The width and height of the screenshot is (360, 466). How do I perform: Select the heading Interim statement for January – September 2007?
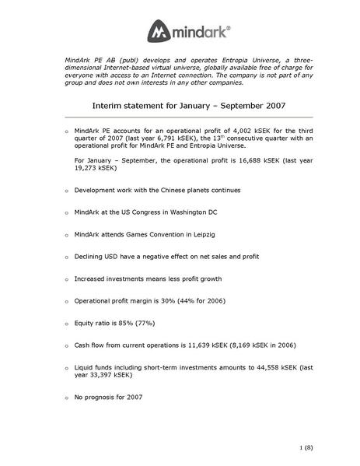(180, 107)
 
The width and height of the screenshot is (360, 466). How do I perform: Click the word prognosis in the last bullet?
(100, 397)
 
